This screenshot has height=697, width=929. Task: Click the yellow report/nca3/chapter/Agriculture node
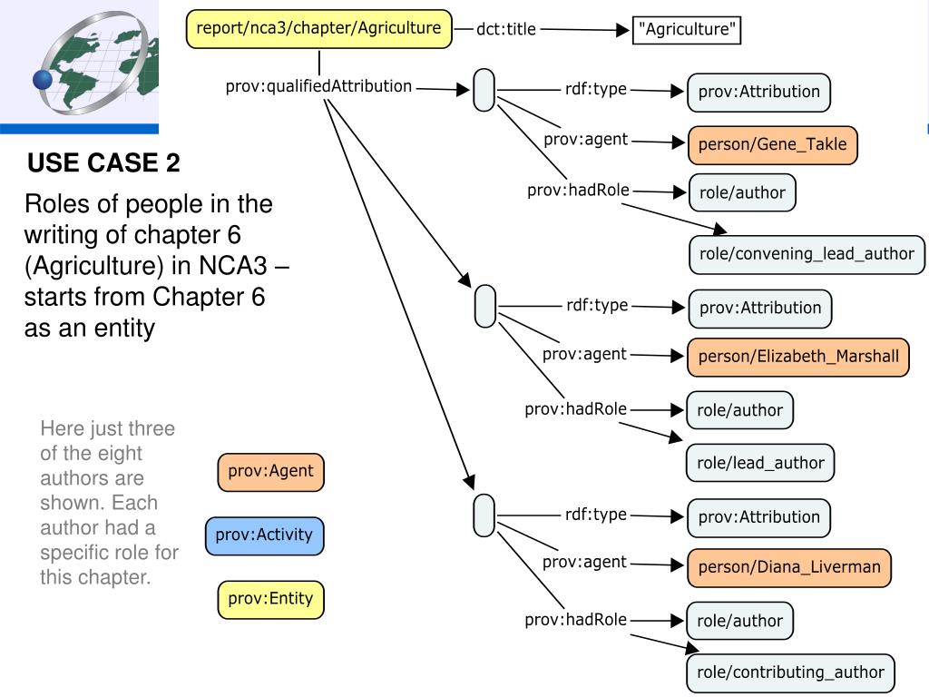(319, 28)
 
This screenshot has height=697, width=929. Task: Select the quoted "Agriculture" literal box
(687, 30)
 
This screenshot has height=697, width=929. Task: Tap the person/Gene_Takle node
(773, 144)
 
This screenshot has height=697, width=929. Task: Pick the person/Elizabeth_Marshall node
(798, 357)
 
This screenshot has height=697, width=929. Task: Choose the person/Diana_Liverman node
(789, 567)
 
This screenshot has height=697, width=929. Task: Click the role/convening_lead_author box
(807, 254)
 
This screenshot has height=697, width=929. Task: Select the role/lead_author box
(760, 463)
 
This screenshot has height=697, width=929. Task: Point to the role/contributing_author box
(790, 672)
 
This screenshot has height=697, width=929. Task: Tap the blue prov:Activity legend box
(264, 535)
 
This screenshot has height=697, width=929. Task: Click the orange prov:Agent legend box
(270, 472)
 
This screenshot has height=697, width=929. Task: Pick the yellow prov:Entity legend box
(270, 599)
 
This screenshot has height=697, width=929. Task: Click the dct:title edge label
(506, 29)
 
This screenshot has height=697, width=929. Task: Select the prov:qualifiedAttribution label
(318, 86)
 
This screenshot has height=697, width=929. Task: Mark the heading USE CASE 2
(103, 163)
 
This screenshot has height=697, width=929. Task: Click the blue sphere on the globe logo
(43, 79)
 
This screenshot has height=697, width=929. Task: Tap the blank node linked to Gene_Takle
(484, 90)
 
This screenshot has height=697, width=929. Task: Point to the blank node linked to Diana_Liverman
(484, 515)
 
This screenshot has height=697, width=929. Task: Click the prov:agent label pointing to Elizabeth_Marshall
(584, 355)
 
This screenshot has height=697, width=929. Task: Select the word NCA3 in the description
(233, 266)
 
